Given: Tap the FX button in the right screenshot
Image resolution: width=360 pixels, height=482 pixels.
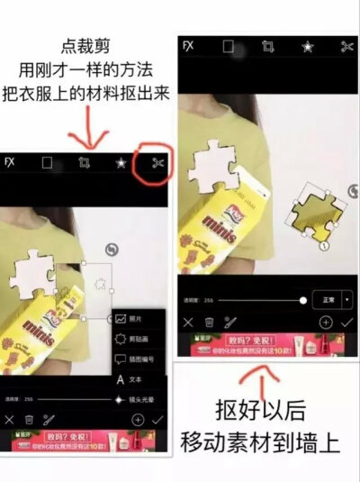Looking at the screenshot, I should point(188,46).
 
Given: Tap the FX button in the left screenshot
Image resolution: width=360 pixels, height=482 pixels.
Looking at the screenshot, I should point(10,163).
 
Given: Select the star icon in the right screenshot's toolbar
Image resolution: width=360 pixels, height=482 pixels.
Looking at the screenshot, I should point(307,46).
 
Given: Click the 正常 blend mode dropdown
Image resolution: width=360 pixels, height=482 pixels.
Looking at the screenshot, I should point(331,299).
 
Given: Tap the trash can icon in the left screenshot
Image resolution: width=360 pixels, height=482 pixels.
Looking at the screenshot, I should point(30,420).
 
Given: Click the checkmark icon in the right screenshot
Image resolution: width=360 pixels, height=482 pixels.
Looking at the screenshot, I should point(346,321).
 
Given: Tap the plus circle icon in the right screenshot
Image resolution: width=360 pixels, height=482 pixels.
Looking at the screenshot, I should point(325,321).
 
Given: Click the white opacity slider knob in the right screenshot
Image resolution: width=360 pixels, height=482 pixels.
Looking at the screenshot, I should point(303,299).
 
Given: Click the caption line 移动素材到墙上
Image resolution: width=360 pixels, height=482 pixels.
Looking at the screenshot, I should point(261,441).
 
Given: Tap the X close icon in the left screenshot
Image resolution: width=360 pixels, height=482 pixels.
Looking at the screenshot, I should point(10,420).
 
